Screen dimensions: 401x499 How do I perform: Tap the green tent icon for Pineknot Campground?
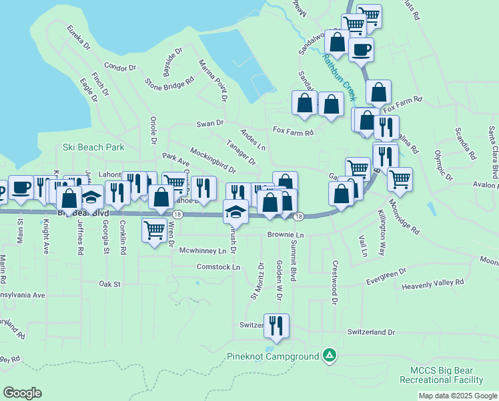(x=329, y=355)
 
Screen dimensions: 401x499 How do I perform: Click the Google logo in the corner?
(x=22, y=393)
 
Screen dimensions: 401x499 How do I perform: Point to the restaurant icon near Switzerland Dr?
(x=276, y=325)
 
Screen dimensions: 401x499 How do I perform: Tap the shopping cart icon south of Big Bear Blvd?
(x=155, y=230)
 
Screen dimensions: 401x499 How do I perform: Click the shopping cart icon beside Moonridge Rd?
(x=400, y=178)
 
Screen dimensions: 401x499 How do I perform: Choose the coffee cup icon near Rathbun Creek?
(x=361, y=49)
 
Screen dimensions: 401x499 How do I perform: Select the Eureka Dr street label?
(x=78, y=37)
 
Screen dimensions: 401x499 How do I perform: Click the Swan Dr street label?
(x=209, y=124)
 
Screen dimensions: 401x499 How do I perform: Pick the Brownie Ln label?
(x=286, y=235)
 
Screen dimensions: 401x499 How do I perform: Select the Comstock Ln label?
(x=217, y=267)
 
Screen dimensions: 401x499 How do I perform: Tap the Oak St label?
(x=109, y=284)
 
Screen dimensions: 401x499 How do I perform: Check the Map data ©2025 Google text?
(x=457, y=396)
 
